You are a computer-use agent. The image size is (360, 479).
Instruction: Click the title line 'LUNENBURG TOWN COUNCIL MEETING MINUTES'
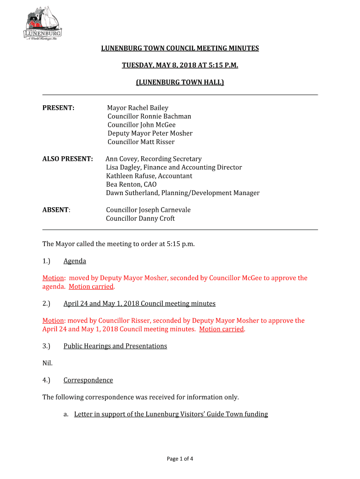tap(180, 48)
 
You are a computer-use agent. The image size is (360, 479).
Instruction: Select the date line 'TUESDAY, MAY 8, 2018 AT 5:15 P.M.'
tap(180, 65)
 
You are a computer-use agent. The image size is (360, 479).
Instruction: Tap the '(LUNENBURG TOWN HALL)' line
tap(180, 82)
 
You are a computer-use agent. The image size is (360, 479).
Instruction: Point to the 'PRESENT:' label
tap(58, 108)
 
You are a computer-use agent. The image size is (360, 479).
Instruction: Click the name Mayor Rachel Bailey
tap(137, 108)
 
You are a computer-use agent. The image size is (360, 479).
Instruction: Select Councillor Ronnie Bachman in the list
tap(149, 116)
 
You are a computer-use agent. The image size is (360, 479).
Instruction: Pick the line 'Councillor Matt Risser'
tap(141, 142)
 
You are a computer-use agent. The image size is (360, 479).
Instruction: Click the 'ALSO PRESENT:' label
tap(67, 159)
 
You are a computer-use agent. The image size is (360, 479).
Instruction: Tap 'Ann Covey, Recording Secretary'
tap(153, 159)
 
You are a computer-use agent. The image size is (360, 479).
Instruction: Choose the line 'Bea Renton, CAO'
tap(131, 184)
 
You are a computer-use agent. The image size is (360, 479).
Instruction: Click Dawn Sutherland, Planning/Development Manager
tap(182, 193)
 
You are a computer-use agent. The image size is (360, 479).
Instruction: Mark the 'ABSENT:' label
tap(56, 210)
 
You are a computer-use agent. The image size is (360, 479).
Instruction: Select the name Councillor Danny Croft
tap(140, 218)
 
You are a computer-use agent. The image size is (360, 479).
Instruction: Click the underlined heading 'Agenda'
tap(75, 261)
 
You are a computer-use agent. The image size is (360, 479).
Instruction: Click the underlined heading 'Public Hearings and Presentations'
tap(115, 346)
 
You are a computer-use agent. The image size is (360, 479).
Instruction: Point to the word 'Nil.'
tap(48, 363)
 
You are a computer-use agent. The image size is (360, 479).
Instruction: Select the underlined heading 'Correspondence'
tap(88, 380)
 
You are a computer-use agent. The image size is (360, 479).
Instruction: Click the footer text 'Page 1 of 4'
tap(180, 459)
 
